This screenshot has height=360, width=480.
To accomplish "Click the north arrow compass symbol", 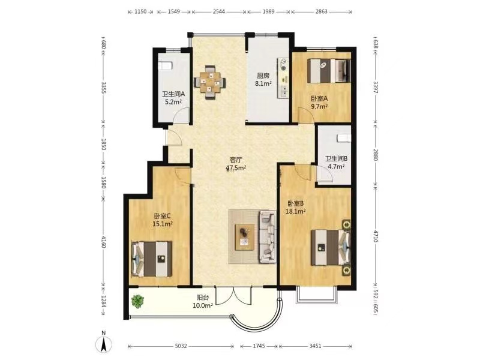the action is click(104, 343).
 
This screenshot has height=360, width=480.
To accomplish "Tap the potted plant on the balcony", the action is click(137, 301).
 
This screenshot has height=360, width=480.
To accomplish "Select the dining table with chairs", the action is click(210, 82).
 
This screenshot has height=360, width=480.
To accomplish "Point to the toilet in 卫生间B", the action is click(343, 138).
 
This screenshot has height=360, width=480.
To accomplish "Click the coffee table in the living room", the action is click(245, 237).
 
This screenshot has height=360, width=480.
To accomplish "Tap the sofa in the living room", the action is click(268, 236).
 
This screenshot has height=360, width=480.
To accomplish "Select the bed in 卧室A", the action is click(329, 71).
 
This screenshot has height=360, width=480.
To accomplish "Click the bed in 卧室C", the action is click(152, 259).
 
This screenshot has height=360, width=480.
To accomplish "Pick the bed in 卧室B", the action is click(331, 247).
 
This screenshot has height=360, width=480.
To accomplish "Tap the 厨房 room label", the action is click(263, 76).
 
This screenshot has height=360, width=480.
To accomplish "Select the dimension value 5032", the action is click(181, 346).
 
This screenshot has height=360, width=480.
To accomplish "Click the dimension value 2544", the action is click(219, 11).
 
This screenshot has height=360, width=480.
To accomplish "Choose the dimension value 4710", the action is click(376, 235).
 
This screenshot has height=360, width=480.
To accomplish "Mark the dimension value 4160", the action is click(103, 242).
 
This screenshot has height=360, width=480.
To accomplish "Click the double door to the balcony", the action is click(234, 295).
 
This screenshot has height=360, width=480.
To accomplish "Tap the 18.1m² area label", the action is click(296, 211).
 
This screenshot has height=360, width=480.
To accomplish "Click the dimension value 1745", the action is click(259, 346).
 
